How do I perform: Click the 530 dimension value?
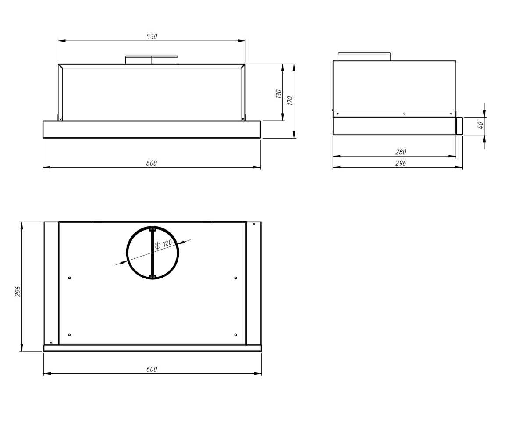tap(152, 36)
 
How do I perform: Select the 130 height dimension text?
tap(278, 94)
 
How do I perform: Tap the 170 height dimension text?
tap(290, 101)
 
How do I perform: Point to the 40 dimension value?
tap(480, 125)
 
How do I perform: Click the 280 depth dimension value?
tap(401, 152)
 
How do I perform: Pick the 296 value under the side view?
tap(401, 163)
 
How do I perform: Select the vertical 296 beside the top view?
tap(18, 291)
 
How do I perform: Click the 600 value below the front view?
tap(152, 163)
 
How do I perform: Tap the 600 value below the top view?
tap(152, 369)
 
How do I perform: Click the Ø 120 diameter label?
tap(163, 244)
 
